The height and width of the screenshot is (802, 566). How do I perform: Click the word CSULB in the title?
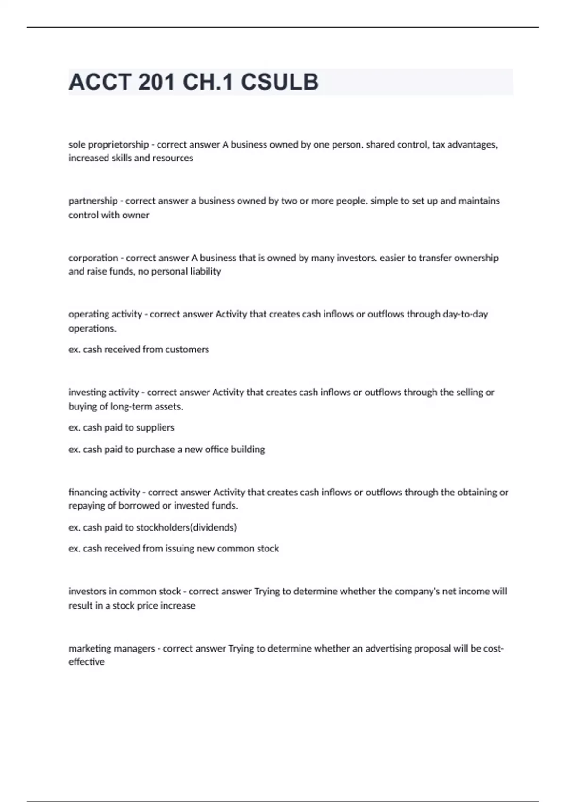(280, 82)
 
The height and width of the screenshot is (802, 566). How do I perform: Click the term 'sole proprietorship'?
(108, 145)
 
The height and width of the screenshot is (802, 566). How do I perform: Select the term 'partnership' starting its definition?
(93, 201)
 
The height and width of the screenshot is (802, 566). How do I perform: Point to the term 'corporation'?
(93, 258)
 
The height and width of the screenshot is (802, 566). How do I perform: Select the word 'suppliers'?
(156, 427)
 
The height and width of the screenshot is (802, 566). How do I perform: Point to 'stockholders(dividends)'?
(186, 527)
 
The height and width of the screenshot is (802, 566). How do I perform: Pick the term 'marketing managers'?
(112, 649)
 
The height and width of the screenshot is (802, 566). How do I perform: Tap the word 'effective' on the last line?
(87, 662)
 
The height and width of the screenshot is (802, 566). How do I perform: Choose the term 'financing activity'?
(104, 493)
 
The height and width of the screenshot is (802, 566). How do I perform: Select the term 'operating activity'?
(105, 314)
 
